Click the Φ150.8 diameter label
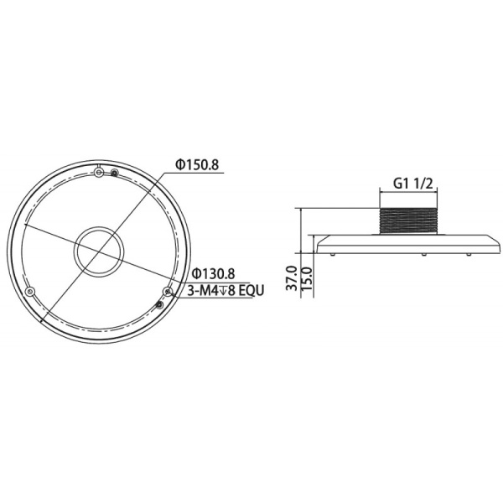[x=197, y=165]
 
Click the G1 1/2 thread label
[x=412, y=181]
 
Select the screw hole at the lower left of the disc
[x=32, y=292]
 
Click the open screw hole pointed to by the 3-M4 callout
[x=168, y=292]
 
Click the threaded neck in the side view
[x=412, y=220]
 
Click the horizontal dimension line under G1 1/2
[x=412, y=191]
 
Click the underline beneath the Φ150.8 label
[x=197, y=174]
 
